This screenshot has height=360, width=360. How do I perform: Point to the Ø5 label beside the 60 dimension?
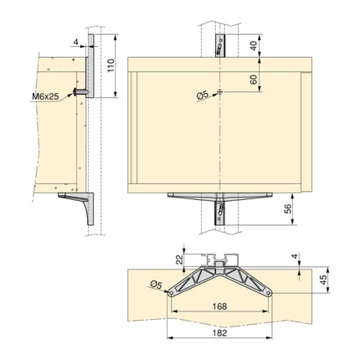[202, 95]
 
